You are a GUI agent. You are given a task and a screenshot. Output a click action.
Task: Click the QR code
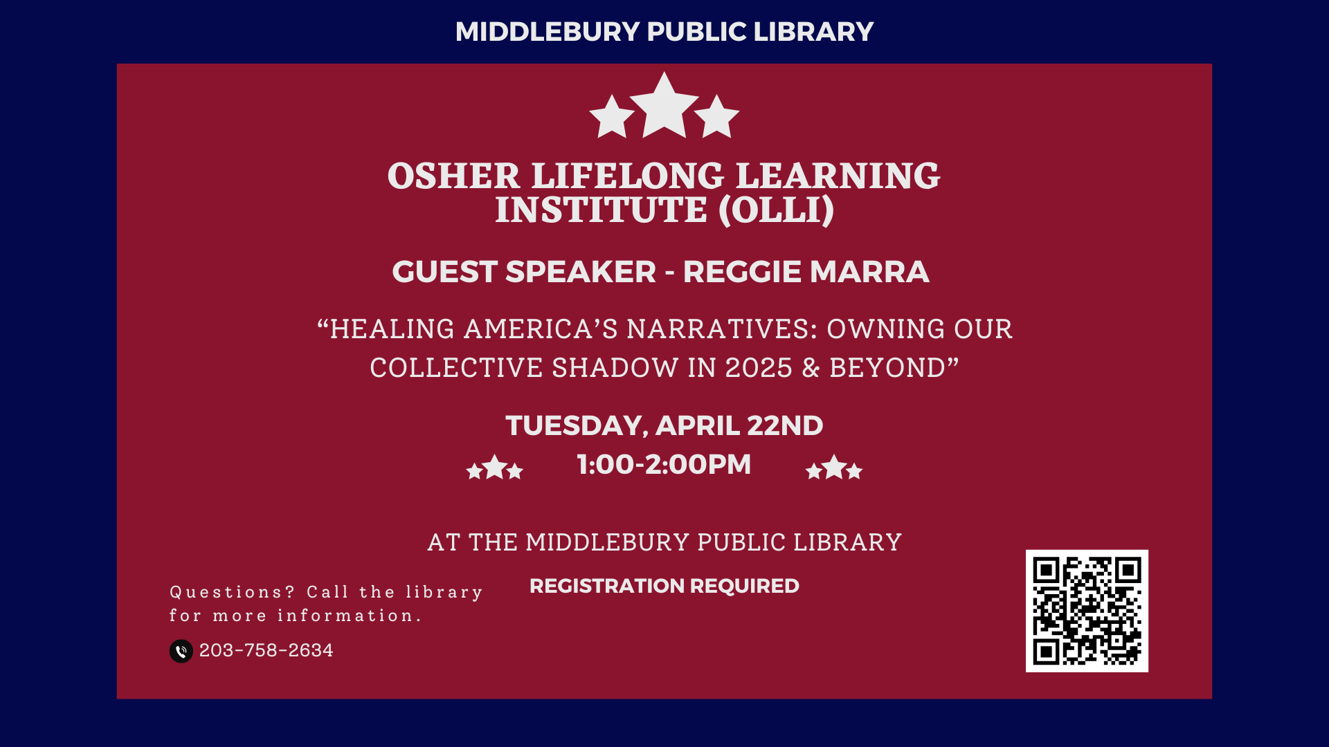[x=1087, y=611]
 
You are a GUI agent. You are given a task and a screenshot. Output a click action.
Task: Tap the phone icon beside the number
[x=181, y=651]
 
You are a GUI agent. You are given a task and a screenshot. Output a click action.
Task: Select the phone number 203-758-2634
[x=266, y=650]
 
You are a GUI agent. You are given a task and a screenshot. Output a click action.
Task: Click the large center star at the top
[x=664, y=105]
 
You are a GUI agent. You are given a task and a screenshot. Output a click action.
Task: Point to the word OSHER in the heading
[x=453, y=176]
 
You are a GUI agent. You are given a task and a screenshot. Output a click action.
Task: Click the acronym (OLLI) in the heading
[x=777, y=210]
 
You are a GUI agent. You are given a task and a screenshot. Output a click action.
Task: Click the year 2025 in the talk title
[x=759, y=368]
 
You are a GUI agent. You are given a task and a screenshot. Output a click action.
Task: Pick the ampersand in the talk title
[x=811, y=368]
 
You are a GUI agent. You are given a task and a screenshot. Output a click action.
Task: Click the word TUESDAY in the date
[x=577, y=426]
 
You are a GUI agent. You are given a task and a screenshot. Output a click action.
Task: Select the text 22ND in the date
[x=785, y=425]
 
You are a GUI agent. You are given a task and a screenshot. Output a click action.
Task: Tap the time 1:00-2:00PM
[x=664, y=464]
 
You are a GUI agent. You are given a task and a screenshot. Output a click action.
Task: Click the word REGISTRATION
[x=606, y=586]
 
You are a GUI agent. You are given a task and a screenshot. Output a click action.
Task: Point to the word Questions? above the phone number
[x=233, y=592]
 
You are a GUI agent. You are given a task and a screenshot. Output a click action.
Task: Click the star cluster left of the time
[x=495, y=468]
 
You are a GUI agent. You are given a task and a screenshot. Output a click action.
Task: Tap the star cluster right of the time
[x=834, y=468]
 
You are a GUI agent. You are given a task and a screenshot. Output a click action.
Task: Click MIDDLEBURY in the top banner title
[x=547, y=32]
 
